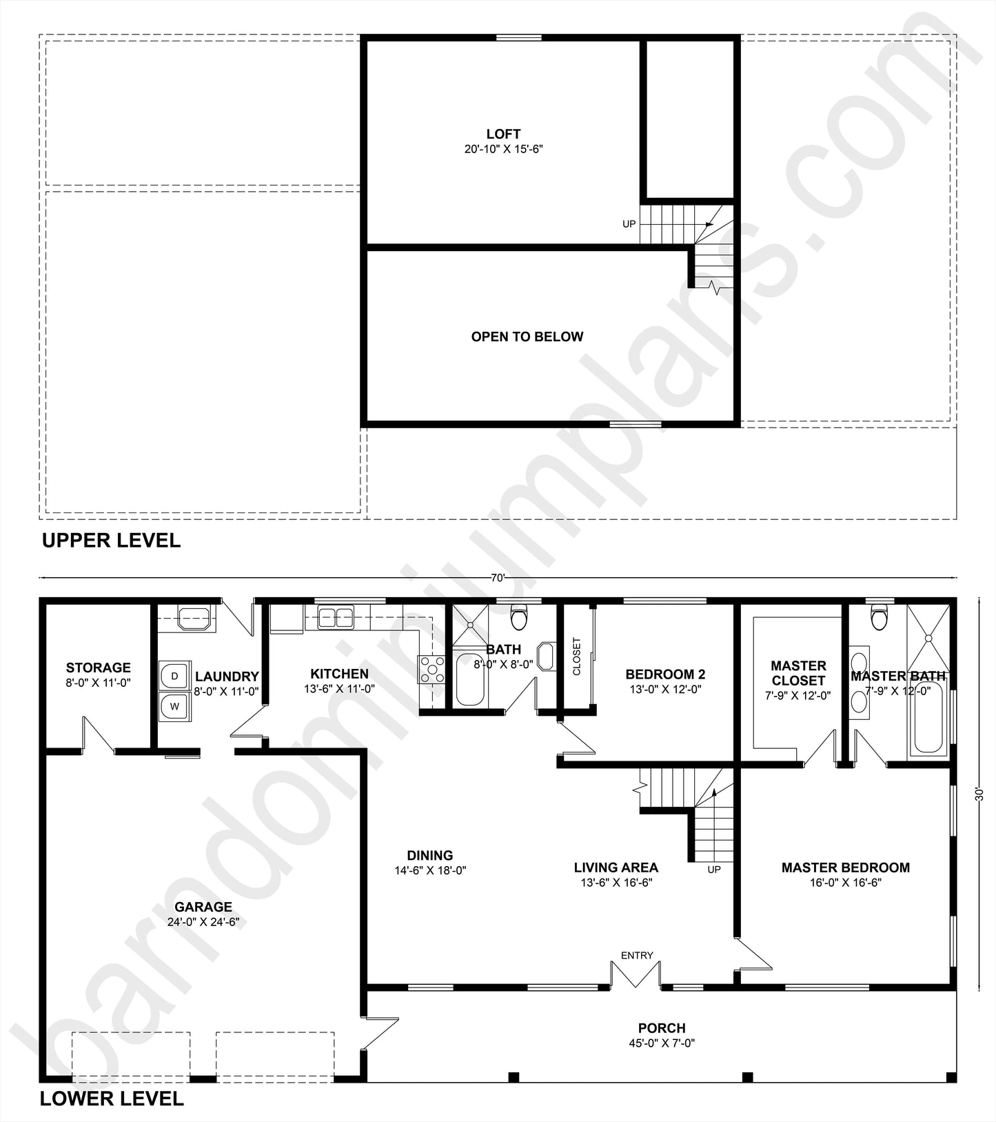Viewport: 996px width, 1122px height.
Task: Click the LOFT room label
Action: point(503,134)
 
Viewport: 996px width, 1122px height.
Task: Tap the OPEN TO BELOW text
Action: point(527,337)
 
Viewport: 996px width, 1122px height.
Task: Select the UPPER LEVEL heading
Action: point(111,541)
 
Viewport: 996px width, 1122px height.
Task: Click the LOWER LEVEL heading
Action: point(112,1099)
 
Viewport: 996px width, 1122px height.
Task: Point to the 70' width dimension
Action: point(498,578)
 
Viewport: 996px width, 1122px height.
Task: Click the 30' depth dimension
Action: point(979,794)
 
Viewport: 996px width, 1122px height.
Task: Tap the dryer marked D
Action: point(174,676)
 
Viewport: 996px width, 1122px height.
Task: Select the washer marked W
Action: point(174,706)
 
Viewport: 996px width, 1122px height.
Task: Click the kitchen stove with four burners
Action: point(432,670)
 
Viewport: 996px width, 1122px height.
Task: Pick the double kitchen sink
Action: point(335,617)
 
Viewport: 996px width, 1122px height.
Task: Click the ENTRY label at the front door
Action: point(637,955)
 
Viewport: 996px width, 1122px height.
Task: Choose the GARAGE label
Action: point(203,907)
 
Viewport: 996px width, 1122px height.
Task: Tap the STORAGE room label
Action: point(98,668)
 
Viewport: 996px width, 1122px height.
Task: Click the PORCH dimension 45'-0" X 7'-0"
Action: point(662,1043)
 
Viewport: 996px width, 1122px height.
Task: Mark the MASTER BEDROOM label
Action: point(846,868)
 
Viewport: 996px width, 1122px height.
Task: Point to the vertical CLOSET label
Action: point(577,656)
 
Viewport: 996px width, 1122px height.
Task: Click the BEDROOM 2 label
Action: point(665,674)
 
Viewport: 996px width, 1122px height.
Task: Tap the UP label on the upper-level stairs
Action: point(629,224)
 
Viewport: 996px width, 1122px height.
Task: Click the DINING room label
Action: point(430,856)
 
